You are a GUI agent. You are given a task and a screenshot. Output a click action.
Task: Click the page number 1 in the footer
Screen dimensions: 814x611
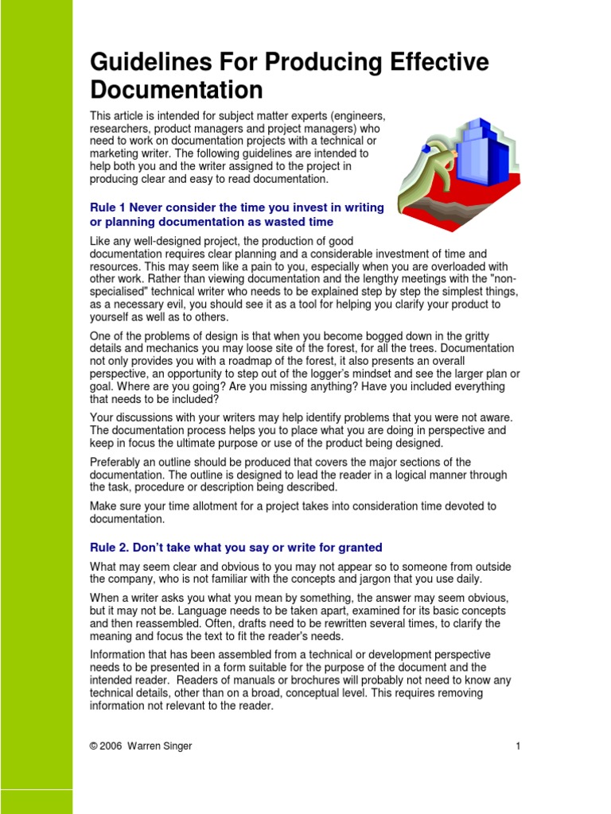click(x=517, y=746)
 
